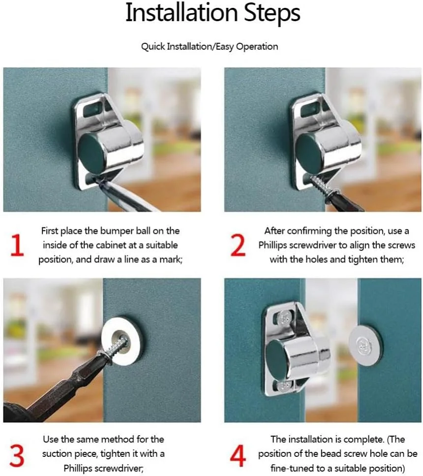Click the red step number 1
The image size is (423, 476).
click(17, 245)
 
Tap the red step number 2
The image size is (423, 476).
click(238, 245)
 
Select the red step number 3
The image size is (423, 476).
click(17, 455)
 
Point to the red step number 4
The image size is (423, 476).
click(238, 455)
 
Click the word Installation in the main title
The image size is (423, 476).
click(181, 12)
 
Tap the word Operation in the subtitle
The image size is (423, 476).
click(257, 47)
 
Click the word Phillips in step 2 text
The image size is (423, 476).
click(272, 245)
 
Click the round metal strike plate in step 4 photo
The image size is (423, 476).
click(365, 345)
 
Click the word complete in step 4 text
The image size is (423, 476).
click(362, 440)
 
